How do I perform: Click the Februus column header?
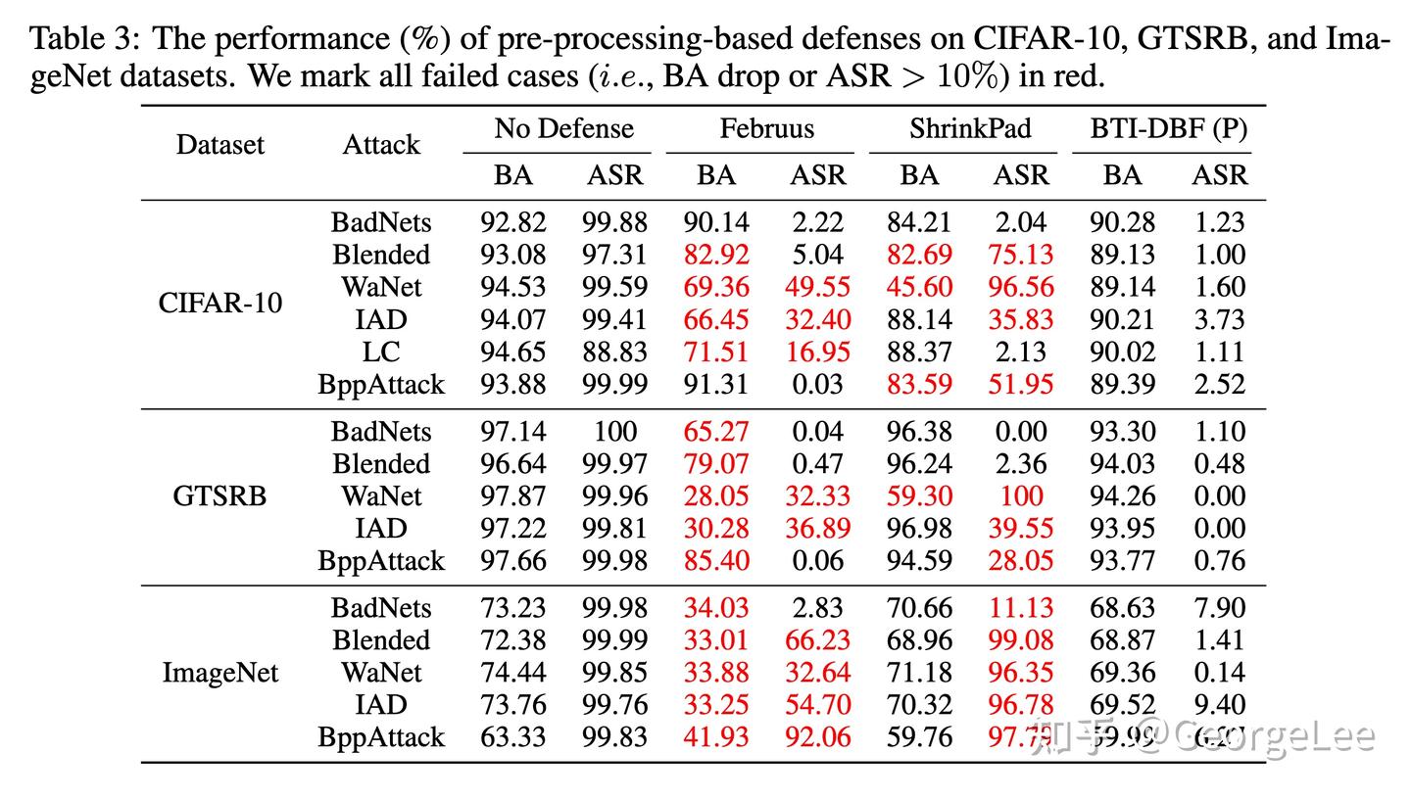[x=766, y=128]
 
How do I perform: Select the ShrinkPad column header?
[x=969, y=128]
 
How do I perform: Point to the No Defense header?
[x=563, y=128]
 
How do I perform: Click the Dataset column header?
[x=219, y=145]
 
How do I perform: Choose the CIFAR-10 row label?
[x=219, y=303]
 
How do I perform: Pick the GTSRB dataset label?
[x=219, y=495]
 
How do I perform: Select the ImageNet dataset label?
[x=219, y=673]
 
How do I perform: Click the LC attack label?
[x=380, y=352]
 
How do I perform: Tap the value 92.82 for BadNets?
[x=512, y=222]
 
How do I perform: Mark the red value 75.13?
[x=1020, y=255]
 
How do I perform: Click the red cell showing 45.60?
[x=918, y=287]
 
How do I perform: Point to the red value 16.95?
[x=817, y=352]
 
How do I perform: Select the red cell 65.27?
[x=715, y=431]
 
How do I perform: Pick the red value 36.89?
[x=817, y=528]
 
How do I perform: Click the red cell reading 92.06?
[x=817, y=736]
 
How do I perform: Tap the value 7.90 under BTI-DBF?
[x=1219, y=607]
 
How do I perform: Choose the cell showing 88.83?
[x=614, y=352]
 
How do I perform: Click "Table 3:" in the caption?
[x=85, y=39]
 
